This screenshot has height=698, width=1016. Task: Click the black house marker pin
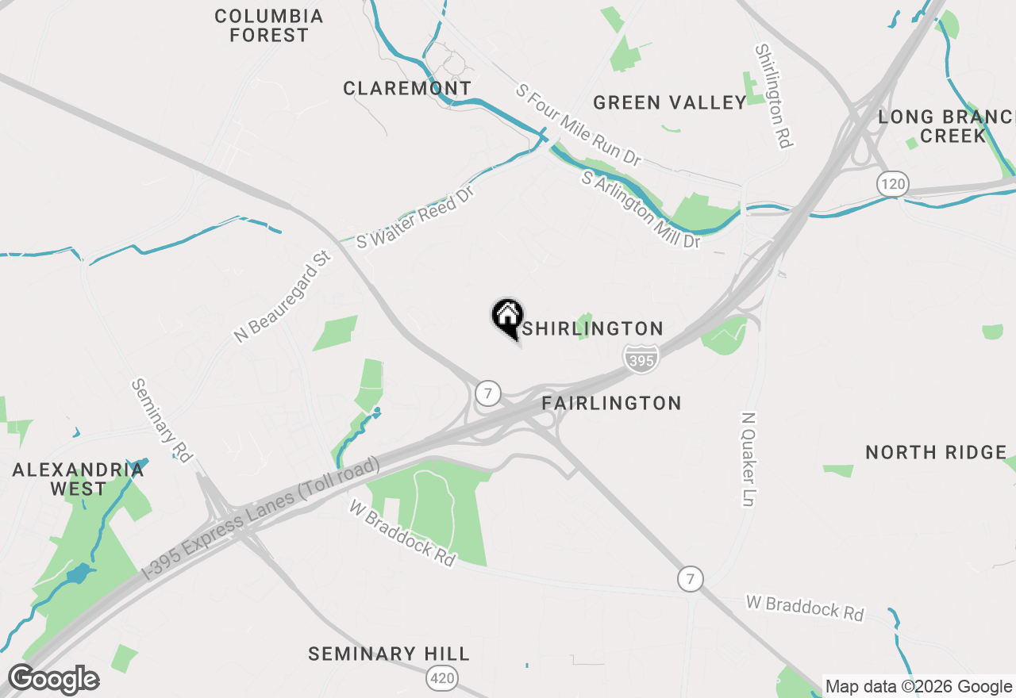point(507,317)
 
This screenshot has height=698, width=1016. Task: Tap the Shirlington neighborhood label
point(593,328)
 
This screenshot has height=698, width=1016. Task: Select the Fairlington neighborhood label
point(611,403)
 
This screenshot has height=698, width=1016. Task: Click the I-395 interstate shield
point(640,357)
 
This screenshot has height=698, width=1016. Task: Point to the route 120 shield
point(893,185)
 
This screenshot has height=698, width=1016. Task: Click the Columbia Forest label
point(269,25)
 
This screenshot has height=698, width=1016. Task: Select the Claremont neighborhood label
point(407,88)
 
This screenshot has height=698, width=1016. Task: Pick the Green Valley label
point(670,102)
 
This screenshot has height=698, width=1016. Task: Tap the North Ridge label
point(936,452)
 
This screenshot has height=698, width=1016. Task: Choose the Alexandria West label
point(78,478)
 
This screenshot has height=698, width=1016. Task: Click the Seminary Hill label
point(389,654)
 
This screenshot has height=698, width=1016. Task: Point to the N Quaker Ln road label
point(748,459)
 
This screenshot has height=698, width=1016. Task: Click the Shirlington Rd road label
point(774,96)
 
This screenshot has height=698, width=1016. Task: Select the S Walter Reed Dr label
point(414,217)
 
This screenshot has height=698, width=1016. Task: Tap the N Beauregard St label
point(283,297)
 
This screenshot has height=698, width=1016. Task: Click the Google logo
point(53,680)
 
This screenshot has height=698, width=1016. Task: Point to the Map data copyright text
point(918,687)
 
